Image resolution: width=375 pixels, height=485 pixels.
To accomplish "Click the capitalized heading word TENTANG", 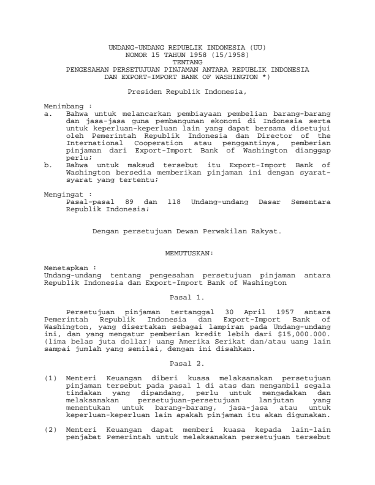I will pyautogui.click(x=187, y=62).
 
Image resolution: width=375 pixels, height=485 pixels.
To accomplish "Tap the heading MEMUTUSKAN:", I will pyautogui.click(x=187, y=252).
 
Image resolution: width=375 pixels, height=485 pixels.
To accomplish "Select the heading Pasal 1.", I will pyautogui.click(x=187, y=297).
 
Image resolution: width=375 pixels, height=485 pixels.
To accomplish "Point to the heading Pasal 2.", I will pyautogui.click(x=187, y=364).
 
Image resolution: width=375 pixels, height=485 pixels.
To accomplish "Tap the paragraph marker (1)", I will pyautogui.click(x=51, y=378).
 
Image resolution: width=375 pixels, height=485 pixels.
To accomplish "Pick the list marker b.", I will pyautogui.click(x=48, y=165).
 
